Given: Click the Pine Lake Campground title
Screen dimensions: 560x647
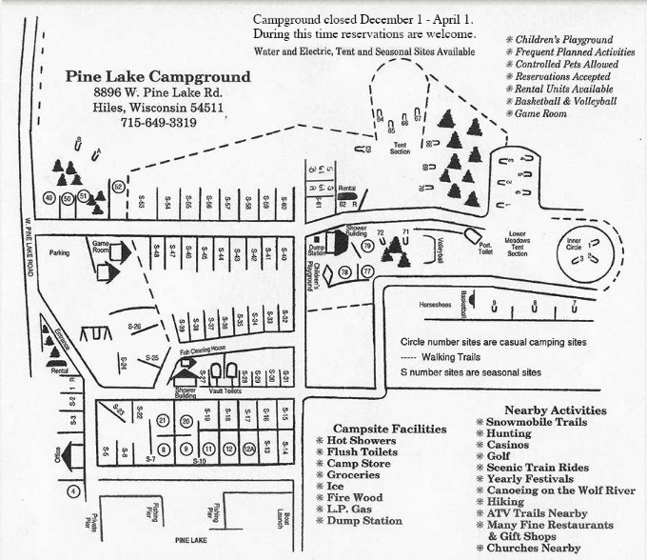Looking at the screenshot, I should [159, 77].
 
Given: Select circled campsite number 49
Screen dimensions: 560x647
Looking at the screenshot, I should [49, 198].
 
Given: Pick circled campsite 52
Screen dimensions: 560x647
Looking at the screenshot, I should [118, 187].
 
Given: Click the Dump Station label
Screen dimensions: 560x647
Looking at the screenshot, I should [317, 250].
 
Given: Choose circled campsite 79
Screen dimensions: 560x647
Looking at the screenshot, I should [366, 247].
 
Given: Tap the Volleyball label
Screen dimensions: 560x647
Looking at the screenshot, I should [441, 249].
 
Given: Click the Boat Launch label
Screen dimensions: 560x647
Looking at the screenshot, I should [285, 522].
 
